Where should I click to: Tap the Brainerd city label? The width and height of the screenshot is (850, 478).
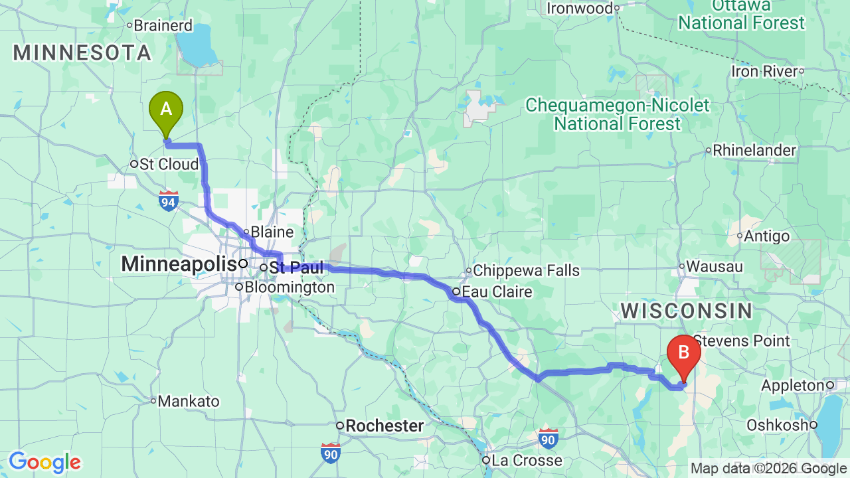(x=163, y=26)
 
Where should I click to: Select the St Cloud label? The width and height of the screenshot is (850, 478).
(x=169, y=164)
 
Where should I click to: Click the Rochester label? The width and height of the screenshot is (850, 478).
(x=384, y=426)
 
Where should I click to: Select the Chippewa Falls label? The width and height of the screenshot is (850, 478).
(x=526, y=271)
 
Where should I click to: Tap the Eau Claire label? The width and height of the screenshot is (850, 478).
(x=497, y=292)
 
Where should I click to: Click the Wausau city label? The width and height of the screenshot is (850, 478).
(x=715, y=267)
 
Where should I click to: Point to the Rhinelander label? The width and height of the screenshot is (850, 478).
(x=754, y=151)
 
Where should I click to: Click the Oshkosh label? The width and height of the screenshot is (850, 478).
(x=778, y=425)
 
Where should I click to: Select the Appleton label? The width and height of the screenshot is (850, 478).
(x=793, y=386)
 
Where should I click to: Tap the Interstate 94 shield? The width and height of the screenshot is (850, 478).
(x=169, y=201)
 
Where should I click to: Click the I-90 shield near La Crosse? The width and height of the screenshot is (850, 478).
(x=548, y=438)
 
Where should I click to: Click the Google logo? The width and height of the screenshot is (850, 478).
(x=44, y=462)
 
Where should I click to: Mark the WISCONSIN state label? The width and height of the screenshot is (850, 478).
(x=687, y=311)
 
